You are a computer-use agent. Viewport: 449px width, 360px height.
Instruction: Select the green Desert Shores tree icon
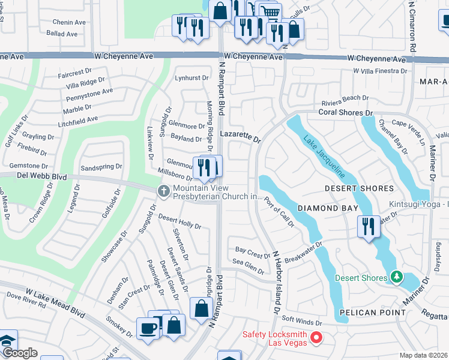pyautogui.click(x=396, y=277)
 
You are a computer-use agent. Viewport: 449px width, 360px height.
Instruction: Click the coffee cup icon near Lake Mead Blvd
pyautogui.click(x=148, y=328)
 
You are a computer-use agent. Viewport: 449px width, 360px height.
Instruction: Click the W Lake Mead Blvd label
pyautogui.click(x=55, y=304)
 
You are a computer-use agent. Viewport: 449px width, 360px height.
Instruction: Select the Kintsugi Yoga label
pyautogui.click(x=419, y=204)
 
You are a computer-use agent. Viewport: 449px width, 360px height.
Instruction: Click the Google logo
pyautogui.click(x=19, y=353)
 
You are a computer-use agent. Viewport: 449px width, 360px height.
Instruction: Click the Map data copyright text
pyautogui.click(x=424, y=355)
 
